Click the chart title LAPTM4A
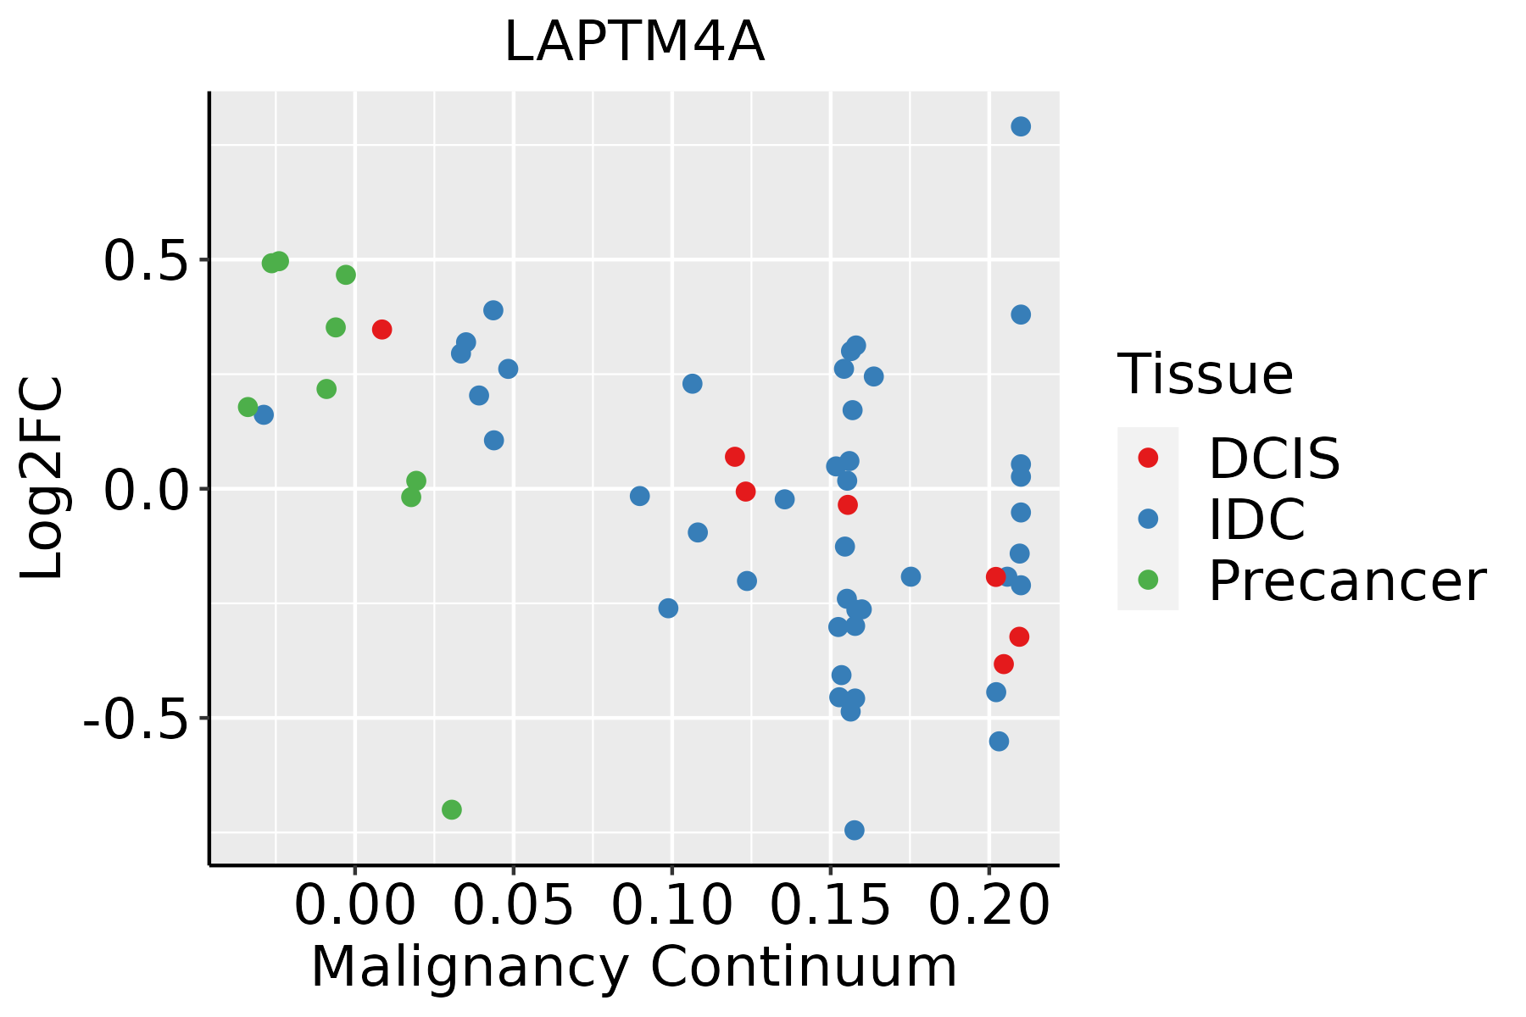(634, 43)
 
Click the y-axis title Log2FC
(42, 478)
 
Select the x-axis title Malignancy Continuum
(634, 968)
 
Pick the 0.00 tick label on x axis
(355, 906)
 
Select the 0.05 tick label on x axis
(514, 906)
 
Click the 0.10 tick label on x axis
(671, 906)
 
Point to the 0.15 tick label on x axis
(830, 906)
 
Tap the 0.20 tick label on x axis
(989, 906)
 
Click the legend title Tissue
(1205, 374)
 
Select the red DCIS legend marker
(1148, 458)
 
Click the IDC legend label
(1256, 520)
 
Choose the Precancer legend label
(1346, 581)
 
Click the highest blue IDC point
(1021, 126)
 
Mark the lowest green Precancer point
(452, 809)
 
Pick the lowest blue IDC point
(855, 830)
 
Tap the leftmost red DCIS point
(381, 329)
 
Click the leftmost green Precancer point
(248, 407)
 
